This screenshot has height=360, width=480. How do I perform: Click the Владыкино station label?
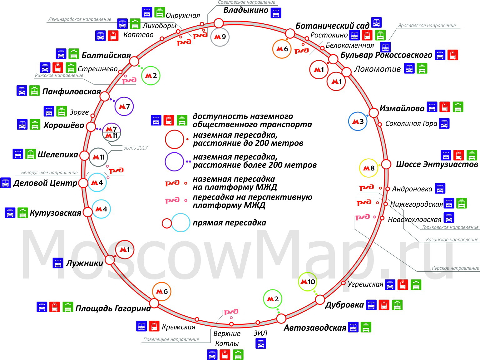[x=246, y=10]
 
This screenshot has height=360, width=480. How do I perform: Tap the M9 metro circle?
[x=220, y=37]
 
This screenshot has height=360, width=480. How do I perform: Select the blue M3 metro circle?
[x=358, y=121]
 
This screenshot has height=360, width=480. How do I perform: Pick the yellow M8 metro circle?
[x=369, y=168]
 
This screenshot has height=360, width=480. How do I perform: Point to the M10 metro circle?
[x=308, y=282]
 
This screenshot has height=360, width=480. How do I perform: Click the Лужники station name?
[x=84, y=263]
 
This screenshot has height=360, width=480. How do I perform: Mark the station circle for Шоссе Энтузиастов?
[x=386, y=164]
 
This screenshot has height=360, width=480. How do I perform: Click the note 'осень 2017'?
[x=136, y=148]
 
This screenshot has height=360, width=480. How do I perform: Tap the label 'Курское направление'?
[x=455, y=268]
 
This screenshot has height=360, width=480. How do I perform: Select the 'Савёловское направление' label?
[x=247, y=2]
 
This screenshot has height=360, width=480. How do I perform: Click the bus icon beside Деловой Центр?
[x=6, y=183]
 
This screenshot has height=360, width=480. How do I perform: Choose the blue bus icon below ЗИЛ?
[x=261, y=343]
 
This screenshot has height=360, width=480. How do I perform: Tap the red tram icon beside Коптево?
[x=113, y=36]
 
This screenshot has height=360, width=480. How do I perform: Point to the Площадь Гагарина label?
[x=113, y=309]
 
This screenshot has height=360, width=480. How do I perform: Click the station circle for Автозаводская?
[x=281, y=318]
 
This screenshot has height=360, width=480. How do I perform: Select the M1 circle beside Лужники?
[x=125, y=250]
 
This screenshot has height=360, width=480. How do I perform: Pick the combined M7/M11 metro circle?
[x=111, y=132]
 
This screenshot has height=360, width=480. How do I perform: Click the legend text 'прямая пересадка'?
[x=230, y=223]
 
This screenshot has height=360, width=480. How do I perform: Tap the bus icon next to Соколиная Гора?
[x=444, y=123]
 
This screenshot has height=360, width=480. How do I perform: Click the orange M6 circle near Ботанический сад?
[x=282, y=49]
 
